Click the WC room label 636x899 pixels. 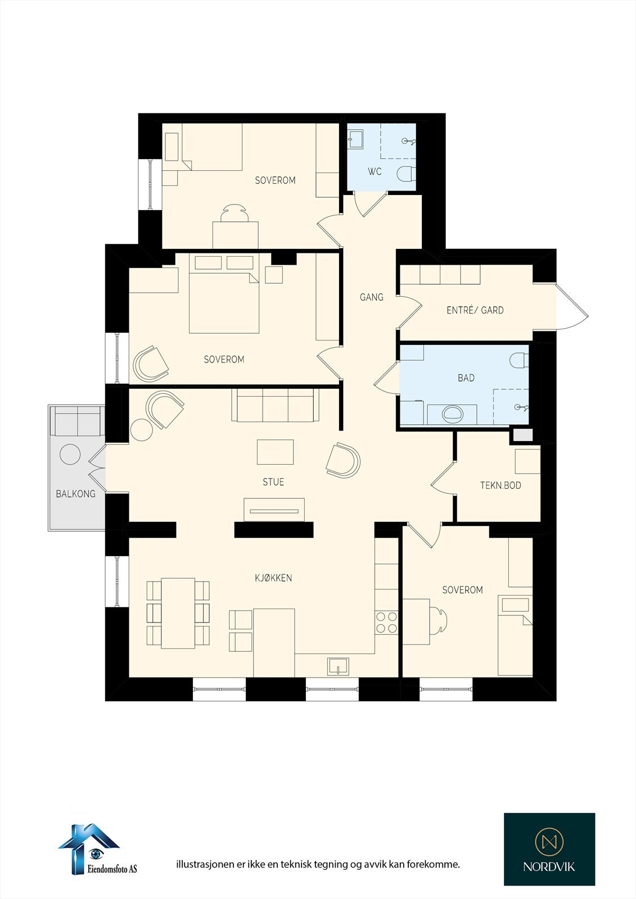(375, 171)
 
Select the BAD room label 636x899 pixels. (466, 378)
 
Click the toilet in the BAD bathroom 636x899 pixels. (518, 360)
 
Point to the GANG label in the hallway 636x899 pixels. (371, 297)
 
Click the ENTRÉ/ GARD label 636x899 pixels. (475, 310)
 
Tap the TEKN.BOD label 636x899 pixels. (500, 485)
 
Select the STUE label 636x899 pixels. (273, 482)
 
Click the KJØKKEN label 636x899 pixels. (273, 578)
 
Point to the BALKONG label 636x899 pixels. (75, 494)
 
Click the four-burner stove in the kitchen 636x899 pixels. (386, 622)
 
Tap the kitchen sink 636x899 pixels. (338, 667)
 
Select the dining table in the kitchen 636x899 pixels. (178, 612)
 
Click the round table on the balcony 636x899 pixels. (70, 454)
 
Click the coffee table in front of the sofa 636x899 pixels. (275, 452)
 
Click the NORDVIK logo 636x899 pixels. (549, 849)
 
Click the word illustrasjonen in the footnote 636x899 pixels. (205, 864)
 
